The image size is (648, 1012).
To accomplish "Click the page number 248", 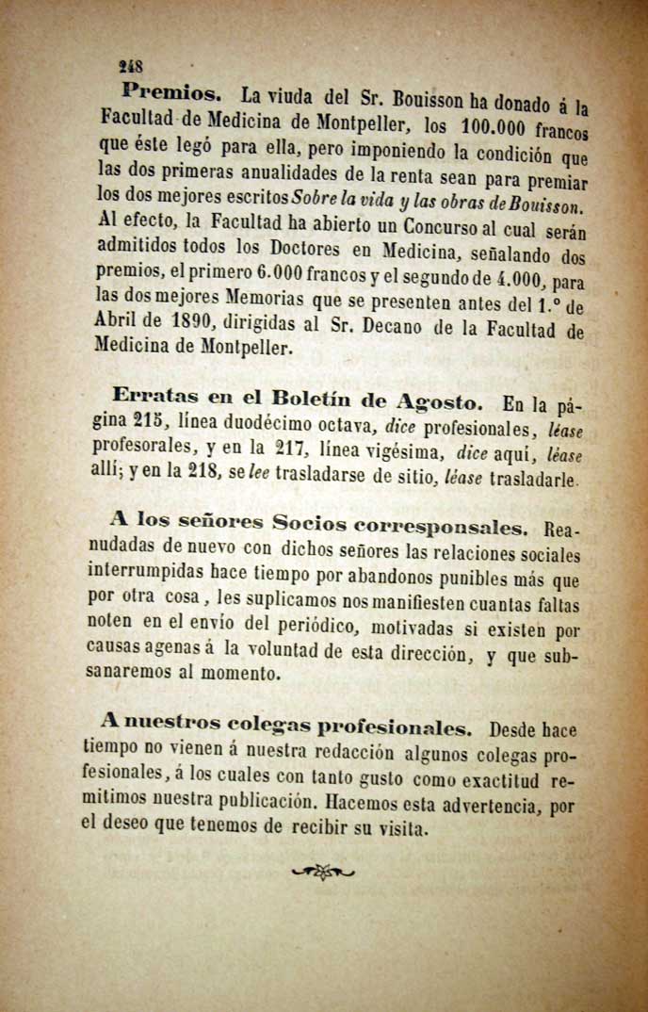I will coord(130,66).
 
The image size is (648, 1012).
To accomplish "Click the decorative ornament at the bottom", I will coord(323,873).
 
